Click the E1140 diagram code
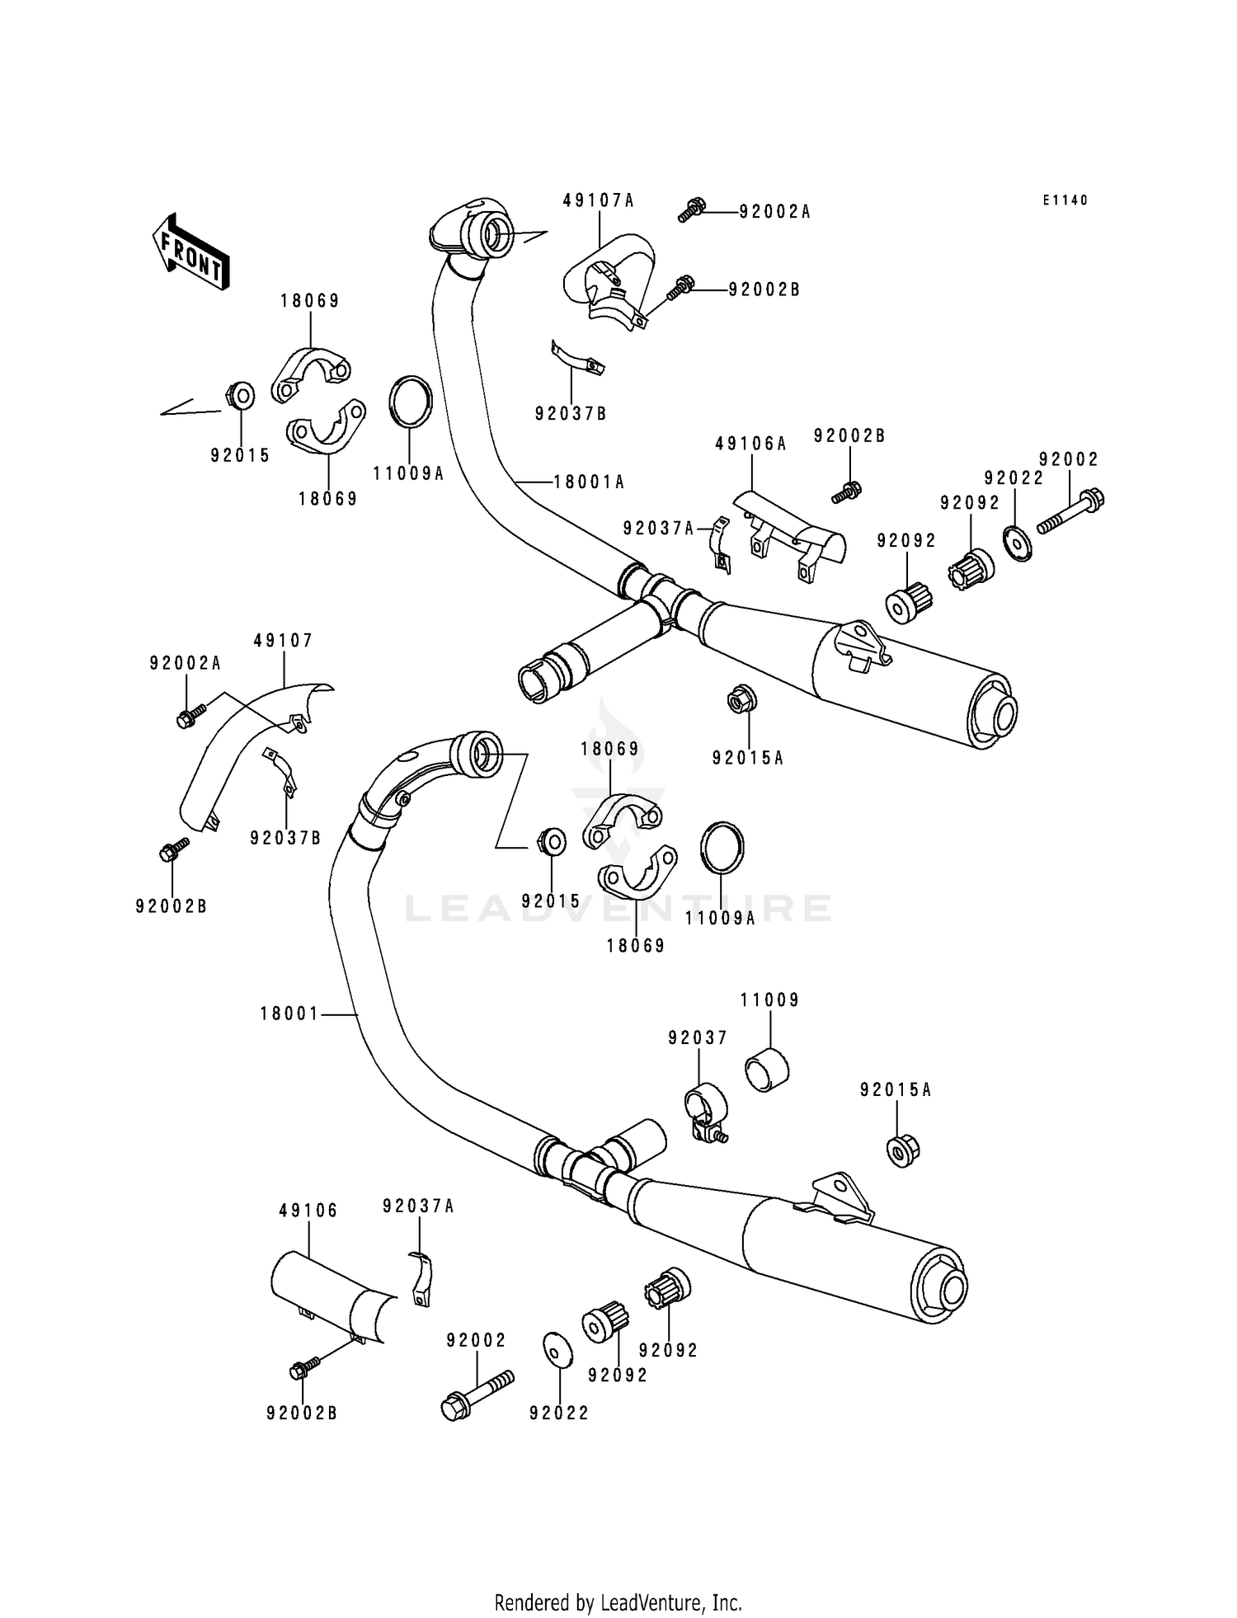click(x=1065, y=200)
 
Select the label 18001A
click(x=589, y=482)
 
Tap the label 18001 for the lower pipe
click(x=289, y=1014)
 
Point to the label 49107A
click(x=599, y=200)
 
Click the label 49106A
click(x=750, y=444)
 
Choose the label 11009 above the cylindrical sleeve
click(x=769, y=1000)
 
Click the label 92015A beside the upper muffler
click(x=749, y=757)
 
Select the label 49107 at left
click(x=283, y=641)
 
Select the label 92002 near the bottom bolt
click(x=476, y=1341)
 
